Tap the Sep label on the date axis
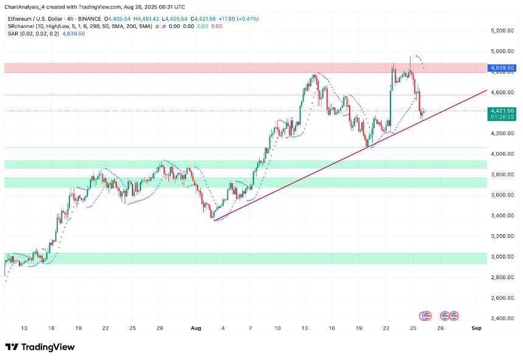[477, 328]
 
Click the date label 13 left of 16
[23, 328]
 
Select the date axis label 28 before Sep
[440, 328]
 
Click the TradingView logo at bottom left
[40, 347]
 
